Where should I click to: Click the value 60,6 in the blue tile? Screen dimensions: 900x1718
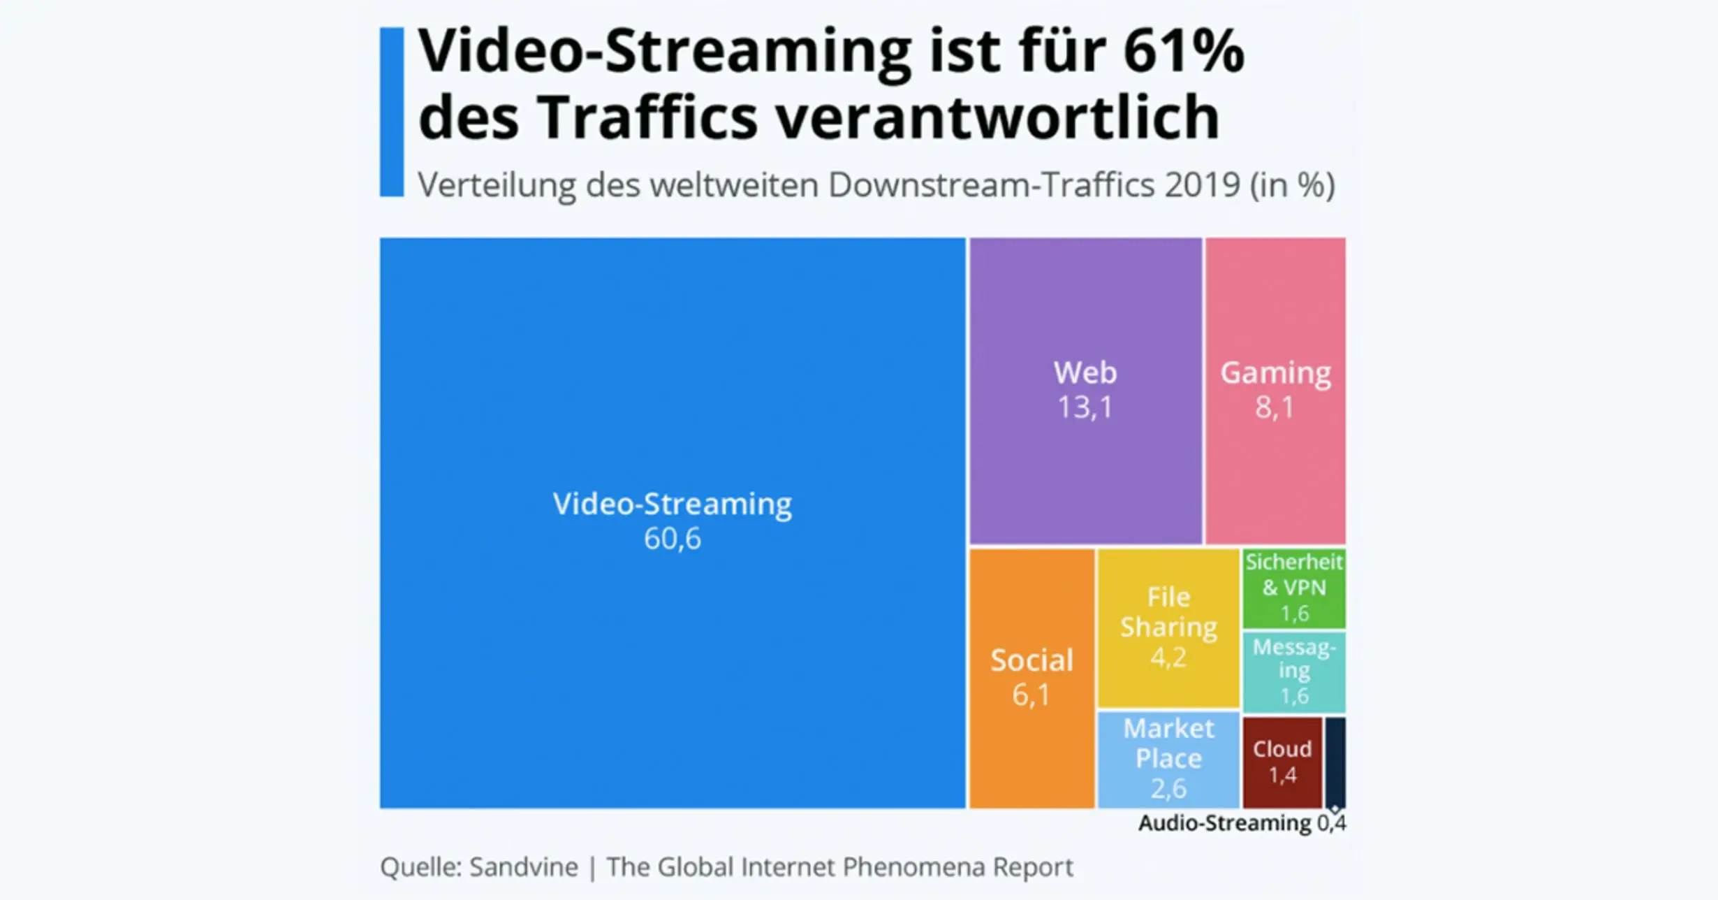point(672,539)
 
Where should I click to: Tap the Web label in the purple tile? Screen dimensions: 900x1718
point(1085,372)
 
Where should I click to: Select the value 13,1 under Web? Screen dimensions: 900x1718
point(1085,407)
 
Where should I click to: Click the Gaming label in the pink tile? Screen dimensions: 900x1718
point(1275,372)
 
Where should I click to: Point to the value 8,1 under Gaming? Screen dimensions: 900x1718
point(1275,407)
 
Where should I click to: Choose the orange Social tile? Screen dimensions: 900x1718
point(1031,678)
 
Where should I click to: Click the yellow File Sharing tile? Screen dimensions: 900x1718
point(1168,627)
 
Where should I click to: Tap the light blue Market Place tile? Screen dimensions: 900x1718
point(1168,758)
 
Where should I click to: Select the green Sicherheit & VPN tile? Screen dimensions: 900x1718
point(1294,588)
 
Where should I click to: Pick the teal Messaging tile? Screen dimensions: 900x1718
point(1294,671)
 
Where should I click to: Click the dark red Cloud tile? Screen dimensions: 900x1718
point(1282,762)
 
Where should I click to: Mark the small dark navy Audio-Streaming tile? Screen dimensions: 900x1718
point(1335,762)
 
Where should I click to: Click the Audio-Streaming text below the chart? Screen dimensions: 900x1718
point(1225,823)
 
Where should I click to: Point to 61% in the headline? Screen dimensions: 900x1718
point(1184,50)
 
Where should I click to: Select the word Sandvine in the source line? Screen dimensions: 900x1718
point(524,867)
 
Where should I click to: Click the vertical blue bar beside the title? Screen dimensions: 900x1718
point(392,112)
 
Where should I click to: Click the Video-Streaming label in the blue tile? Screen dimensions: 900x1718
point(672,504)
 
